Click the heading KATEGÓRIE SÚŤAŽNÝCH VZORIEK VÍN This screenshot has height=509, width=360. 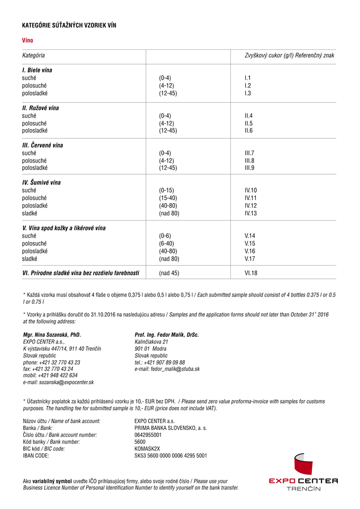click(73, 25)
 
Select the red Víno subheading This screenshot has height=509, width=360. click(27, 40)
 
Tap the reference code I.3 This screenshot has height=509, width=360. click(248, 93)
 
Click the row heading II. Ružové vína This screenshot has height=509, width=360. click(44, 108)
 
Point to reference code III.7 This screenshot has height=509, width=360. click(249, 153)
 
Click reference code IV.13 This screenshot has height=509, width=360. click(250, 213)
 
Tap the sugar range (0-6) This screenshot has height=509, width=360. click(165, 236)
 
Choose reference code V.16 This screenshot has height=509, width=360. click(250, 251)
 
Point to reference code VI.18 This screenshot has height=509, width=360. click(251, 273)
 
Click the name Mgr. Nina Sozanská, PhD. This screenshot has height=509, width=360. click(52, 335)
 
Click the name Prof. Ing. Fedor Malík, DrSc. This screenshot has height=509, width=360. click(167, 335)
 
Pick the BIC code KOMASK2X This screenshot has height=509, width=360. click(147, 448)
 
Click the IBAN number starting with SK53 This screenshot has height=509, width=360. click(171, 456)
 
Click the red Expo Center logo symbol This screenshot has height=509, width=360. click(303, 465)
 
